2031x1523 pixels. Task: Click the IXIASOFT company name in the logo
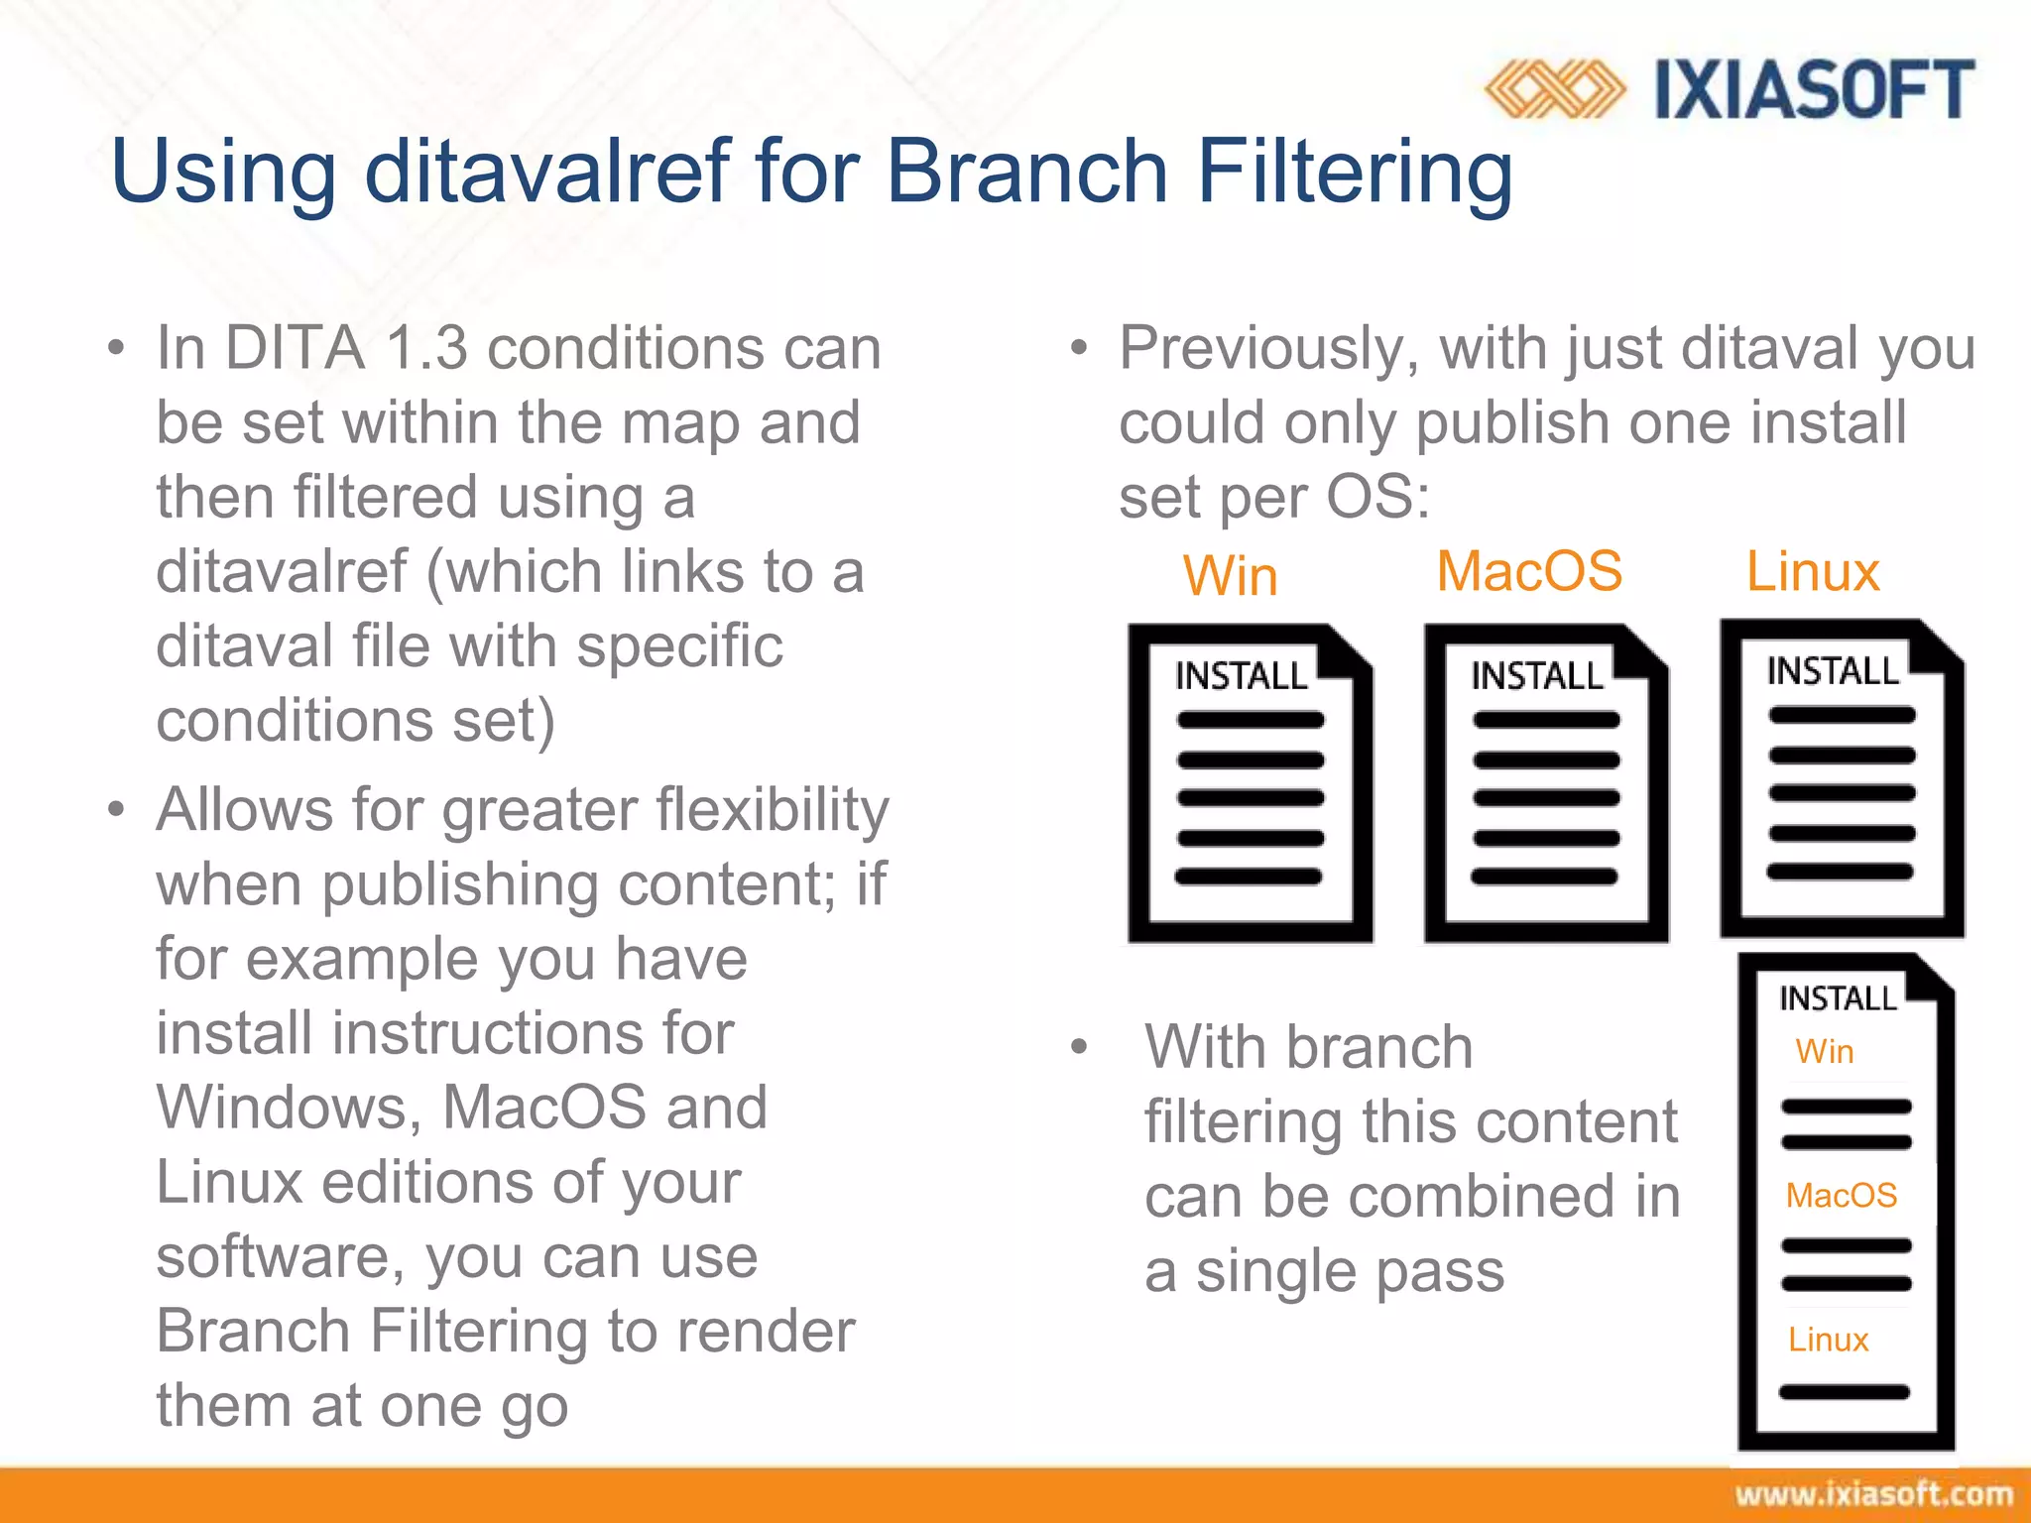pyautogui.click(x=1815, y=89)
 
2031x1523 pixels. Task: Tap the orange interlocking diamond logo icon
pyautogui.click(x=1555, y=89)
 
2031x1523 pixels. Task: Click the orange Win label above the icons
pyautogui.click(x=1230, y=576)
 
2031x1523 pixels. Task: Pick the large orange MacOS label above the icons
pyautogui.click(x=1529, y=572)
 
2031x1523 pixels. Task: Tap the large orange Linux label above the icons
pyautogui.click(x=1813, y=572)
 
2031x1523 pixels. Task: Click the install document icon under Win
pyautogui.click(x=1250, y=783)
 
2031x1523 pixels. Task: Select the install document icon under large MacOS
pyautogui.click(x=1545, y=783)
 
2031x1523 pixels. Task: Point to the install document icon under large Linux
pyautogui.click(x=1842, y=778)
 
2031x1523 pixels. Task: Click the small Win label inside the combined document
pyautogui.click(x=1824, y=1052)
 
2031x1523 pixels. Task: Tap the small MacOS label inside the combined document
pyautogui.click(x=1841, y=1196)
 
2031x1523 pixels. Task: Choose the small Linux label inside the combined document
pyautogui.click(x=1828, y=1341)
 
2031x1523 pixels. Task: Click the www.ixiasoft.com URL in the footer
pyautogui.click(x=1873, y=1494)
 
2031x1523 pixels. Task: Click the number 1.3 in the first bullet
pyautogui.click(x=425, y=349)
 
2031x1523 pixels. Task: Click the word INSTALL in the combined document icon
pyautogui.click(x=1837, y=998)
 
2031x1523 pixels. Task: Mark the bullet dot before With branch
pyautogui.click(x=1080, y=1047)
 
